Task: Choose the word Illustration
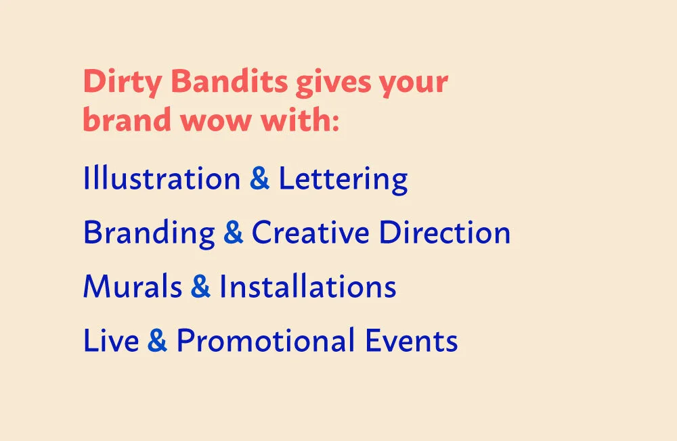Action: (x=161, y=179)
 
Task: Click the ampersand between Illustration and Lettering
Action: (x=259, y=179)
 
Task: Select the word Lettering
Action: (x=343, y=179)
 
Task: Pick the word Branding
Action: (x=149, y=233)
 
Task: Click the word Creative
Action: (x=310, y=233)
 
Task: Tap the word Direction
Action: (x=444, y=233)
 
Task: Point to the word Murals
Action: (x=133, y=287)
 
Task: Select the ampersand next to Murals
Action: (x=200, y=287)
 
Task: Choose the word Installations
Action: (x=307, y=287)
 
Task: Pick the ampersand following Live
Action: (x=157, y=341)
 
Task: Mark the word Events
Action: (x=412, y=341)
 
